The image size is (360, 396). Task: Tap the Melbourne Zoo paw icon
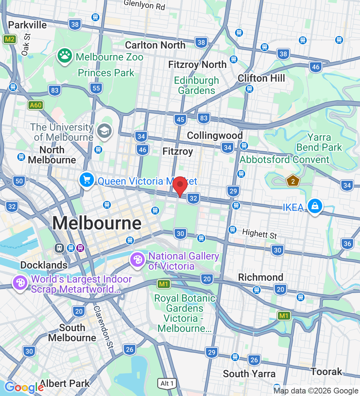(65, 56)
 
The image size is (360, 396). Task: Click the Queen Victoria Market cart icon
(87, 180)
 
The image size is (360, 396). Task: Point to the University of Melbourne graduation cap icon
(105, 130)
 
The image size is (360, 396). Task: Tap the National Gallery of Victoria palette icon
(137, 260)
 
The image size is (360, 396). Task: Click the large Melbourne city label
(97, 223)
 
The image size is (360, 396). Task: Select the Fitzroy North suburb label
(197, 65)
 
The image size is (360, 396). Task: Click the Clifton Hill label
(261, 78)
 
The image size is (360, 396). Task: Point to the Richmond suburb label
(261, 277)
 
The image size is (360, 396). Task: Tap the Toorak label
(326, 372)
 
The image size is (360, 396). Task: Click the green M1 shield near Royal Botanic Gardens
(164, 284)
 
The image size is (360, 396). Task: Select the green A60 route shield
(36, 105)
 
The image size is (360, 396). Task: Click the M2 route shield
(9, 39)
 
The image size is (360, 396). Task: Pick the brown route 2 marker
(293, 181)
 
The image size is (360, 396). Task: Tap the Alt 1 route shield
(167, 383)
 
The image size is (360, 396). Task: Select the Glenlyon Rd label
(144, 5)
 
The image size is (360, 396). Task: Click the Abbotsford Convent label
(284, 159)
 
